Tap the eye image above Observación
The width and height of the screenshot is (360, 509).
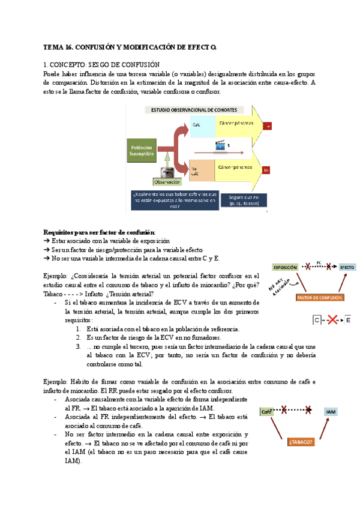(167, 172)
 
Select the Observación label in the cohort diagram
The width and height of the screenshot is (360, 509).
(167, 182)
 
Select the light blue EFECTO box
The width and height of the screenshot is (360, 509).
(347, 267)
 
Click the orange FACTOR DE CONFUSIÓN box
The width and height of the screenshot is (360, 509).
(319, 297)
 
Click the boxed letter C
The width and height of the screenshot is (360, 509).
(317, 321)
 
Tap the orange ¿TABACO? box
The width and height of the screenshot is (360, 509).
(301, 442)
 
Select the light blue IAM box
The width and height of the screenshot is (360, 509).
(330, 412)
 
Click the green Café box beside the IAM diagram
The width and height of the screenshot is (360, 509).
(267, 412)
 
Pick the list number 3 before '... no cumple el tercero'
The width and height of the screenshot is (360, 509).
(80, 346)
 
